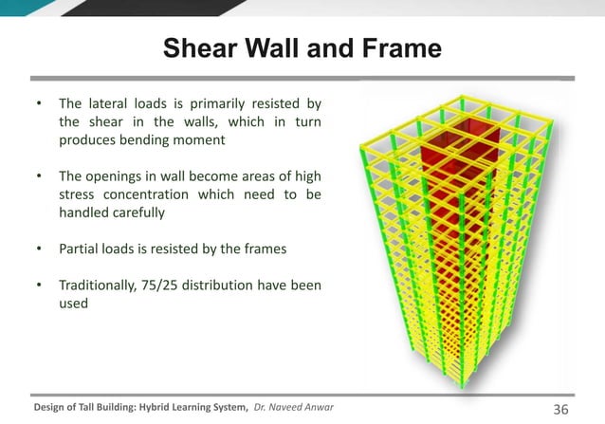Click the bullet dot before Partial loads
click(x=39, y=249)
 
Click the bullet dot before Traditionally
click(x=39, y=285)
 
